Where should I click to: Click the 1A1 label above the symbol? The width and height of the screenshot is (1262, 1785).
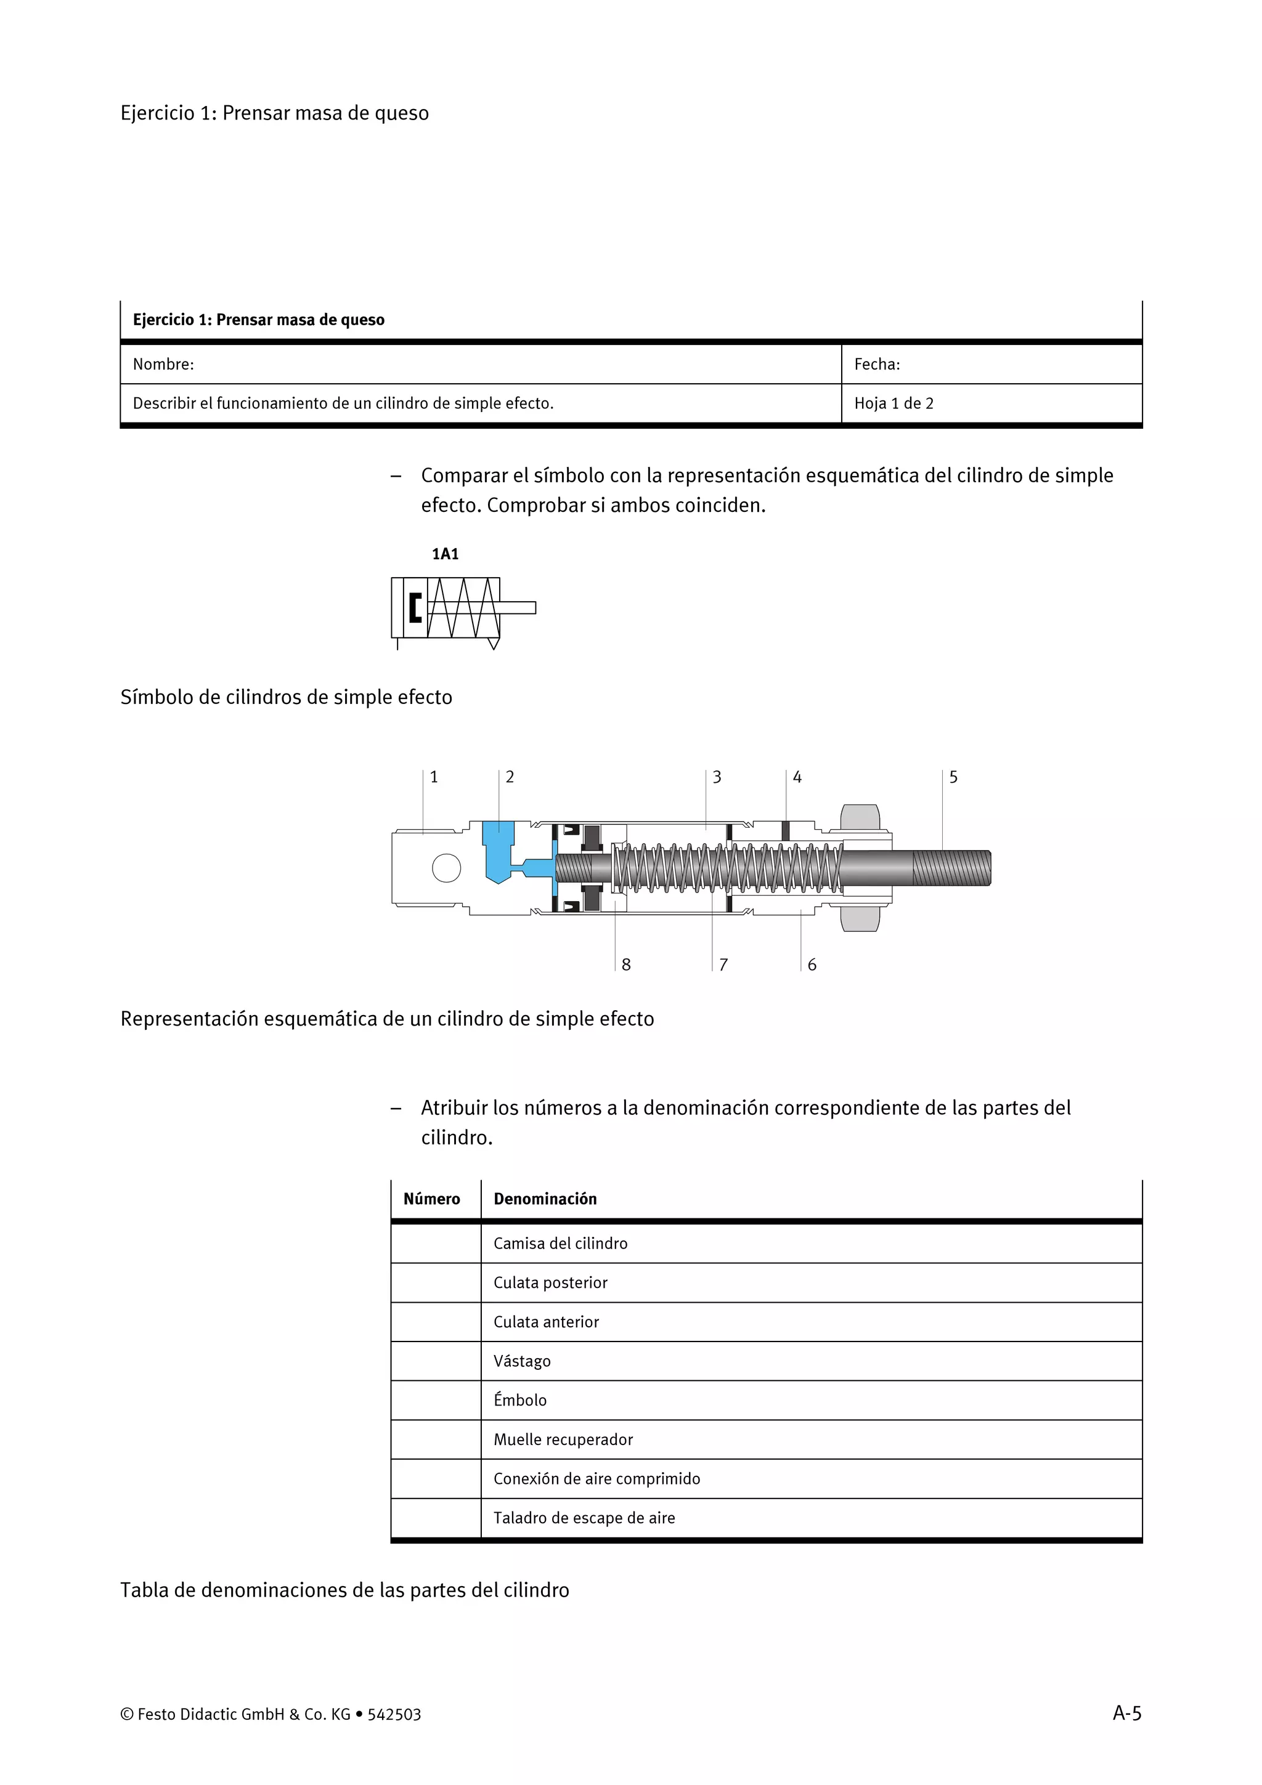pos(445,554)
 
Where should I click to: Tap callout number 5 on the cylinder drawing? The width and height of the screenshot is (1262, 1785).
pos(953,777)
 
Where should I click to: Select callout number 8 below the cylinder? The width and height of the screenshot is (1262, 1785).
pos(626,965)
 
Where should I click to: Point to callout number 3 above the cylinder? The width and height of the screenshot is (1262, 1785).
pos(717,777)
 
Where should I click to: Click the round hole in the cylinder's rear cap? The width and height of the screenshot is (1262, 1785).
pos(446,868)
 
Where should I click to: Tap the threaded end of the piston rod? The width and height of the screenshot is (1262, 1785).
pos(951,868)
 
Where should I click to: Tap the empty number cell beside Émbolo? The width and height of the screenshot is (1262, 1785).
pos(436,1400)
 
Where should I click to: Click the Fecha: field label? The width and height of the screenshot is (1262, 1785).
pos(877,365)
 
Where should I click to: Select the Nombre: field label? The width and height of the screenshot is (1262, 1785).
pos(163,365)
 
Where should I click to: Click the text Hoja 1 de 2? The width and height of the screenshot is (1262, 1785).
pos(894,403)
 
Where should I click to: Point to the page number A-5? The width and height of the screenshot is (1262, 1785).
pos(1126,1714)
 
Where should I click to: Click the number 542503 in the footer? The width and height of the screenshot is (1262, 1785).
pos(394,1715)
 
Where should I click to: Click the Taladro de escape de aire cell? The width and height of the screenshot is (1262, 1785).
pos(584,1518)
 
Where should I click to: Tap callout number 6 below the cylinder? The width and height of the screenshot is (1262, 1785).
pos(812,965)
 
